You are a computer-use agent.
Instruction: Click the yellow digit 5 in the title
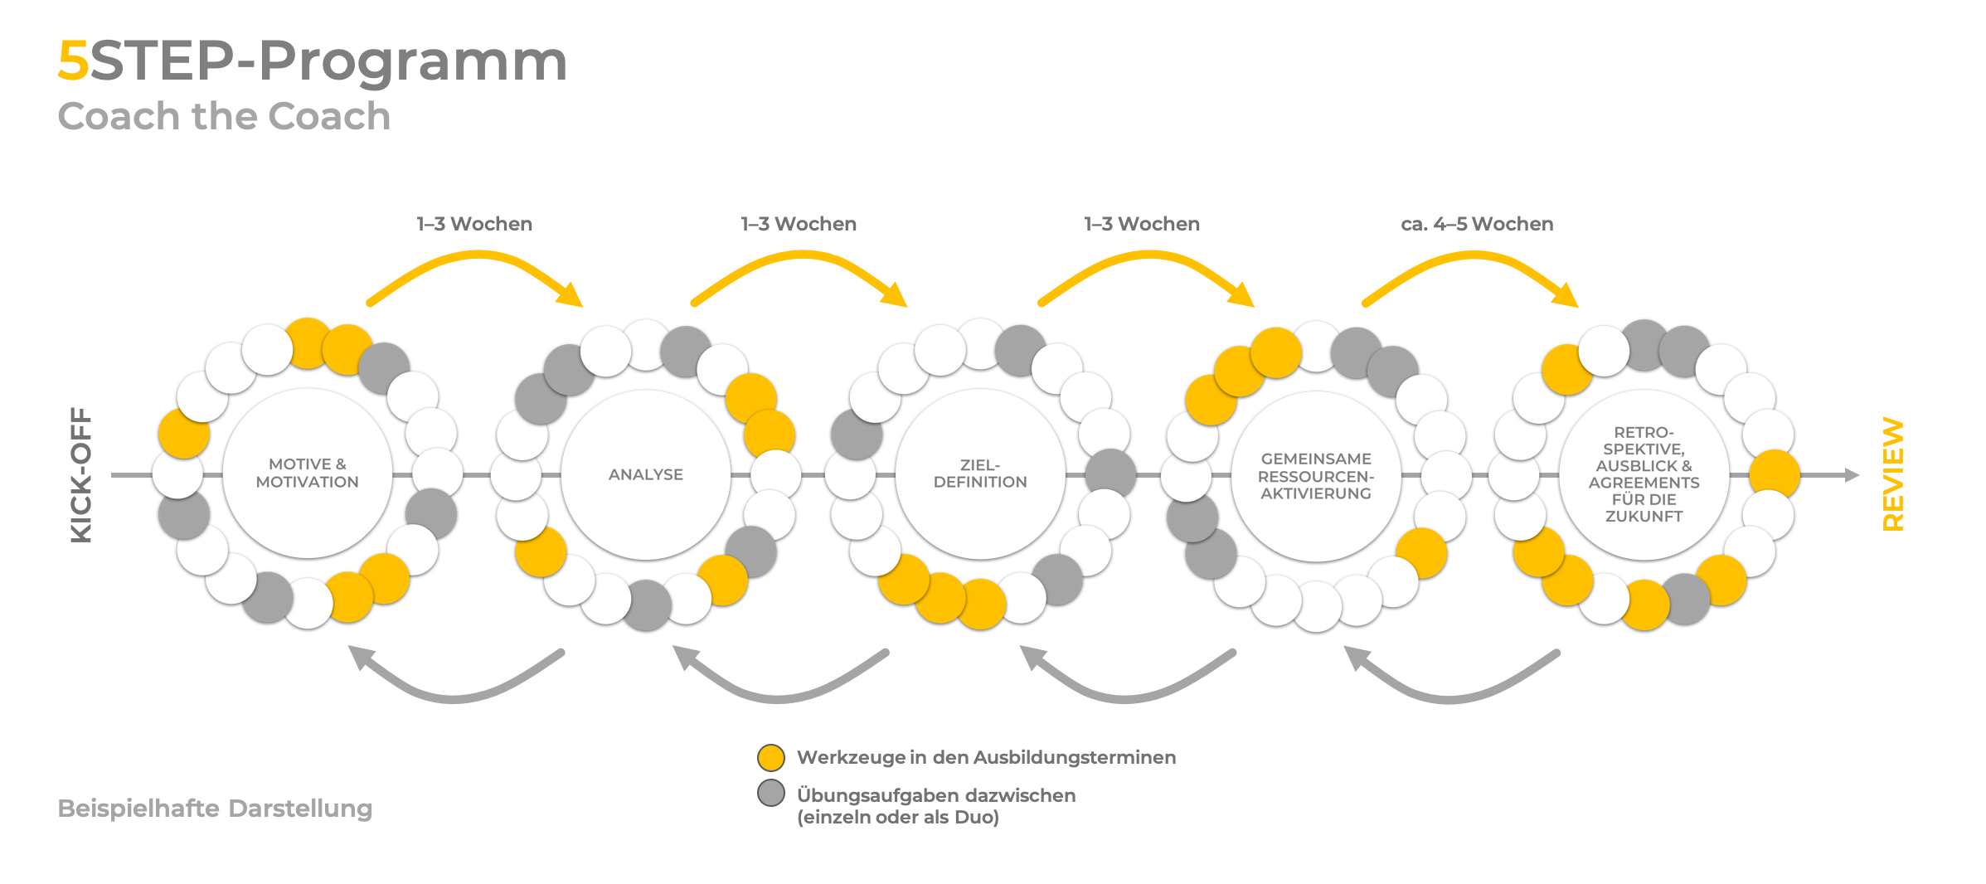click(x=73, y=61)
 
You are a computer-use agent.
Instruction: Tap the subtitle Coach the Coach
click(x=224, y=116)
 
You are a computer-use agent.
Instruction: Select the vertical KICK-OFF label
click(x=81, y=474)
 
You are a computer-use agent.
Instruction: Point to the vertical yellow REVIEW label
click(x=1893, y=474)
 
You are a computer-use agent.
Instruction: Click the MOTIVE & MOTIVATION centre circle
click(x=308, y=474)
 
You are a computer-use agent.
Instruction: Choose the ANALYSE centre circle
click(x=646, y=474)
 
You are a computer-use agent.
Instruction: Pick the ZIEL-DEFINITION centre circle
click(x=980, y=474)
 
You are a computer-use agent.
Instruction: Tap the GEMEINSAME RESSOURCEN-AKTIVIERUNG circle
click(x=1316, y=476)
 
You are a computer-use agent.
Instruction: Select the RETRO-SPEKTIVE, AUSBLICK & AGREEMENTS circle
click(x=1644, y=474)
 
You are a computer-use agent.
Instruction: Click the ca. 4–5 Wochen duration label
click(x=1477, y=224)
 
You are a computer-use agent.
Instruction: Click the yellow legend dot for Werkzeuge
click(x=771, y=757)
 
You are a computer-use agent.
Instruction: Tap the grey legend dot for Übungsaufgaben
click(x=771, y=793)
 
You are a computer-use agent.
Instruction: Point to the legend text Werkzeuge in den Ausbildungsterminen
click(x=986, y=757)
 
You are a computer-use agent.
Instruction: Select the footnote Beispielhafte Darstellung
click(x=215, y=809)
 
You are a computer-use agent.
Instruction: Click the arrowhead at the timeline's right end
click(x=1852, y=475)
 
